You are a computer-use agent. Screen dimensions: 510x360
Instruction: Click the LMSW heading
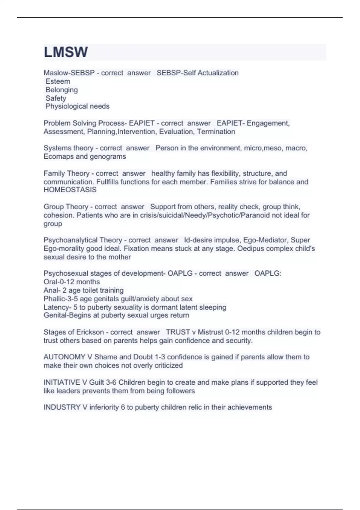pos(66,52)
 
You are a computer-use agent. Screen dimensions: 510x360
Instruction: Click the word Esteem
pos(58,81)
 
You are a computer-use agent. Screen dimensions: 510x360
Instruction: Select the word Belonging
pos(61,90)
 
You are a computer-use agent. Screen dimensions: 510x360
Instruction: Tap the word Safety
pos(56,98)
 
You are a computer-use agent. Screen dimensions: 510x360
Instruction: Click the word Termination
pos(216,131)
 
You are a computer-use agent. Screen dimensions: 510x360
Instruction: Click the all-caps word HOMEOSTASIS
pos(70,190)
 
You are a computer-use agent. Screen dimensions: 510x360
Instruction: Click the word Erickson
pos(90,332)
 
